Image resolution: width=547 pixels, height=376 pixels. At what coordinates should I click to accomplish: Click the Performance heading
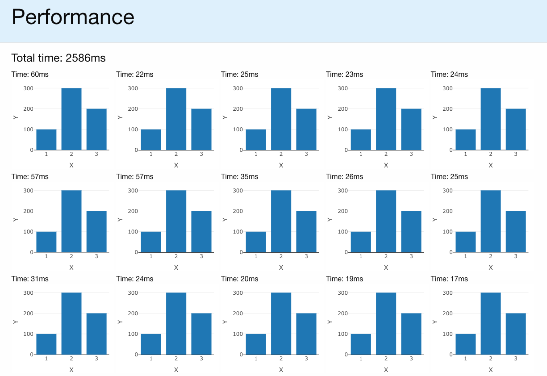pos(73,17)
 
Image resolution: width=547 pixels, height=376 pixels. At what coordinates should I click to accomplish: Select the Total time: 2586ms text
pos(58,58)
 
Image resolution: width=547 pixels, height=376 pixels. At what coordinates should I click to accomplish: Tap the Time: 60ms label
pos(29,74)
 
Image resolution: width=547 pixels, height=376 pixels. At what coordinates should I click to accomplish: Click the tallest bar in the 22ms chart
pos(176,119)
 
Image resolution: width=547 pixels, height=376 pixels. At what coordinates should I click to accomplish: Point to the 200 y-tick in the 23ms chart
pos(342,109)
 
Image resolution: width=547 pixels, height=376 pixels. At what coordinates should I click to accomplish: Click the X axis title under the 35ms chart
pos(281,267)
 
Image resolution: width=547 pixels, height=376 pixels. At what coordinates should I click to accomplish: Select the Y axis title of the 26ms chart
pos(330,220)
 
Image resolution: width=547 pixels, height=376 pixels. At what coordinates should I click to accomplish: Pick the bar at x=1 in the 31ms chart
pos(46,344)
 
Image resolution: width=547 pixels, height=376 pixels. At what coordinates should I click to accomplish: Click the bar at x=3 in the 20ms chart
pos(306,334)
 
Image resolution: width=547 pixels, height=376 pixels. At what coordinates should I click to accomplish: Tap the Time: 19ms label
pos(344,279)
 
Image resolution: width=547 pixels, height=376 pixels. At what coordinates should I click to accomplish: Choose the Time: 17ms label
pos(449,279)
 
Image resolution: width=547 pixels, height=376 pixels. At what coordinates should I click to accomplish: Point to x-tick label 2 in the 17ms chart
pos(490,359)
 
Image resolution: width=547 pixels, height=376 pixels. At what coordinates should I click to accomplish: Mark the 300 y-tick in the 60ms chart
pos(28,88)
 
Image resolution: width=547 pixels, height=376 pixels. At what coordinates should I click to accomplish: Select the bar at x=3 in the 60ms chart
pos(96,129)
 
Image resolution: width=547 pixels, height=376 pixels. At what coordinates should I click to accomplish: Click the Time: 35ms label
pos(239,176)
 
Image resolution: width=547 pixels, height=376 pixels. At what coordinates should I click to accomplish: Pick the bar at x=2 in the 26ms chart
pos(386,221)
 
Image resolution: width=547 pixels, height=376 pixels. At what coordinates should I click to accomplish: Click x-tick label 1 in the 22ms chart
pos(151,154)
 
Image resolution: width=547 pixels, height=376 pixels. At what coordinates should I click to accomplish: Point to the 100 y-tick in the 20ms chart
pos(238,334)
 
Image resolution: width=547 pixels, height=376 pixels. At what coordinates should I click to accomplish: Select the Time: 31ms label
pos(29,279)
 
